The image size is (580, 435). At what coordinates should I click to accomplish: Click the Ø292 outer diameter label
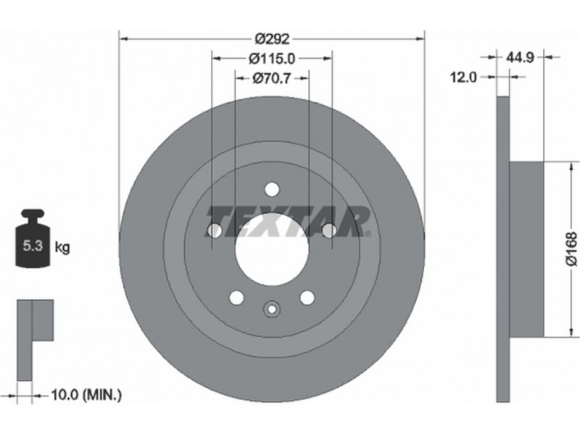272,38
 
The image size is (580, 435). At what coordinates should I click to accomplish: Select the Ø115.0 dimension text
272,58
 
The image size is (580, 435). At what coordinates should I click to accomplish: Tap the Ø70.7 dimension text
272,78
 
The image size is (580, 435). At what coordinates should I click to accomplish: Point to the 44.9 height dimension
519,57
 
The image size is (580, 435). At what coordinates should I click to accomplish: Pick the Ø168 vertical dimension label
571,248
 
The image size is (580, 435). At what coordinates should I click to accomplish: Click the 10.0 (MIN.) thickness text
86,395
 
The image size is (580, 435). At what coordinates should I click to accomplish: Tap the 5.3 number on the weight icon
33,246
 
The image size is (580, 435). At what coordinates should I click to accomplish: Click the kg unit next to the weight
62,247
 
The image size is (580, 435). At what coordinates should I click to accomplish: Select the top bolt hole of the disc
272,188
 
